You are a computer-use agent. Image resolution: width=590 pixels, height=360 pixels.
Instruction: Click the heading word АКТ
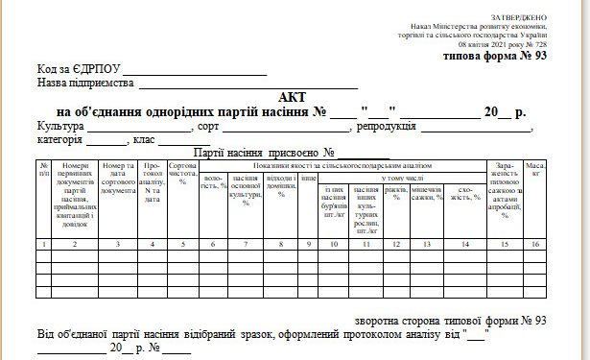pos(289,98)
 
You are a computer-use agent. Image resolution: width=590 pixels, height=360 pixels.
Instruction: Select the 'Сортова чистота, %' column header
pos(182,173)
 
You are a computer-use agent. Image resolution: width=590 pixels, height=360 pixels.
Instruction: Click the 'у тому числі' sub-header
pos(402,177)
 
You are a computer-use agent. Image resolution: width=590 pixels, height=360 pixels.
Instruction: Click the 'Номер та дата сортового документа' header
pos(118,179)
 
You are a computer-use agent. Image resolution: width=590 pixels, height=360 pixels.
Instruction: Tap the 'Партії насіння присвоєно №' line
pos(264,153)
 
